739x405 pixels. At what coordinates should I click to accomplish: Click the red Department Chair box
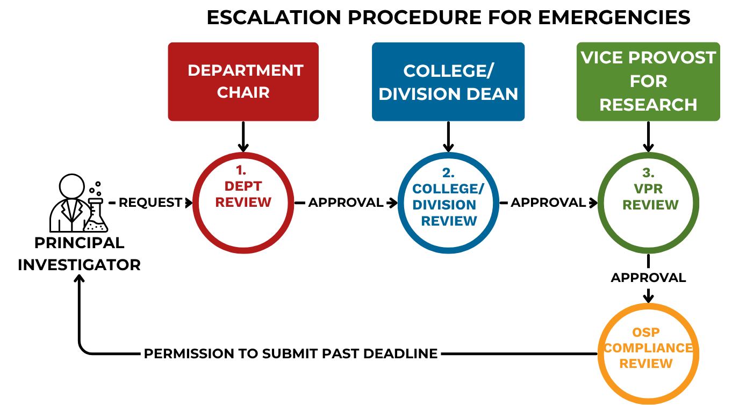tap(243, 82)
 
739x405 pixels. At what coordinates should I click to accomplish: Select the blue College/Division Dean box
tap(448, 82)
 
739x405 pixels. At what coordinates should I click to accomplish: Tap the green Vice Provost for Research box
tap(648, 82)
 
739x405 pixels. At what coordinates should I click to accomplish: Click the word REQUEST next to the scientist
tap(150, 202)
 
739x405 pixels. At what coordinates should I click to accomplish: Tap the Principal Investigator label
tap(79, 254)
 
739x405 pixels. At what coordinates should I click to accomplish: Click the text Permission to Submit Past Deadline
tap(290, 354)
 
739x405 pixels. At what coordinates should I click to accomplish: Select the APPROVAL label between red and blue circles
tap(345, 202)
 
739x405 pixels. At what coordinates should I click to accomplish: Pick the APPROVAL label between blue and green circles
tap(548, 202)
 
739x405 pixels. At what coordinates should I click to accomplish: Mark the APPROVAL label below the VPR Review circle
tap(648, 278)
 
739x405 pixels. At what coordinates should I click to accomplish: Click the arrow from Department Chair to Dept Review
tap(243, 137)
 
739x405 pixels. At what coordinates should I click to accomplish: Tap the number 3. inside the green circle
tap(648, 173)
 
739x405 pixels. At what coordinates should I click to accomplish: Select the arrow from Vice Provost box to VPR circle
tap(648, 137)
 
